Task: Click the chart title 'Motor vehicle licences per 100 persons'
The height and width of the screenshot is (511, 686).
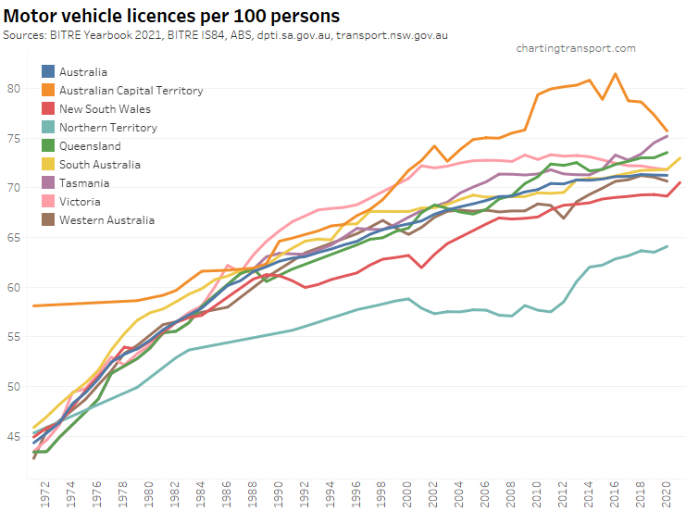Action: [171, 16]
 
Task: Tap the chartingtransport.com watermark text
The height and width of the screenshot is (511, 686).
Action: [576, 48]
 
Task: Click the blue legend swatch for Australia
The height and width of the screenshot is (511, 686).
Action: [49, 71]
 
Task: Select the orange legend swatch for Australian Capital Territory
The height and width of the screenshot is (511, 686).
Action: [49, 90]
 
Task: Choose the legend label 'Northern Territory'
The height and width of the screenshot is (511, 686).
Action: [107, 127]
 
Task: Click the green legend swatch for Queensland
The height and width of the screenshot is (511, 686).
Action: [49, 145]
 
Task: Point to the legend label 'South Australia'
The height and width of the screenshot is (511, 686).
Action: [99, 164]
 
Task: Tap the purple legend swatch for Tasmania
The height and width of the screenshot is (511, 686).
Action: [49, 182]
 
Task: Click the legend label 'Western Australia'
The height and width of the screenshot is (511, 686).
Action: [106, 219]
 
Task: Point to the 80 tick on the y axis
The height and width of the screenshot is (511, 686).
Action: [13, 89]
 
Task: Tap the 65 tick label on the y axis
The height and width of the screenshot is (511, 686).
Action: [13, 238]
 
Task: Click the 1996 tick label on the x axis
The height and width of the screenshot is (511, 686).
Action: [355, 495]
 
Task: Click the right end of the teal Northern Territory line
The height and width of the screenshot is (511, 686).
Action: [667, 246]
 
